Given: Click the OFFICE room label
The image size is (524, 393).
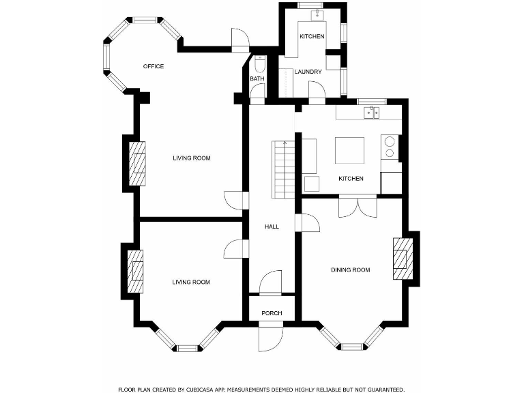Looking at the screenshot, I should pyautogui.click(x=154, y=66).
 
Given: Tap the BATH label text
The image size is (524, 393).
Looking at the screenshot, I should pyautogui.click(x=257, y=79).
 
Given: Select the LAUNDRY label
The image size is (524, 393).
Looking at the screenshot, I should pyautogui.click(x=308, y=72).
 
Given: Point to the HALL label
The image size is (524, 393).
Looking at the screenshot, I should pyautogui.click(x=272, y=227).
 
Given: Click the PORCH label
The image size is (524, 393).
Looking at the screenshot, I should pyautogui.click(x=272, y=313).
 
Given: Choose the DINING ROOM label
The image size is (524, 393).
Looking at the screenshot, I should pyautogui.click(x=351, y=270).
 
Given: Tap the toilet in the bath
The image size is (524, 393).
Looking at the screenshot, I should pyautogui.click(x=259, y=65).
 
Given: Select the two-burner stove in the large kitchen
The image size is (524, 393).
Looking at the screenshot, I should pyautogui.click(x=390, y=147).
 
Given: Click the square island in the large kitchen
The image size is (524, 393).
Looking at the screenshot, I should pyautogui.click(x=349, y=150).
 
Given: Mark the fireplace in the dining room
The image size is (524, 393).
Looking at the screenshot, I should pyautogui.click(x=402, y=259).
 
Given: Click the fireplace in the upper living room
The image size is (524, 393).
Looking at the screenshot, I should pyautogui.click(x=138, y=164).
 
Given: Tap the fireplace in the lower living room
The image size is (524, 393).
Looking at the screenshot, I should pyautogui.click(x=136, y=271).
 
